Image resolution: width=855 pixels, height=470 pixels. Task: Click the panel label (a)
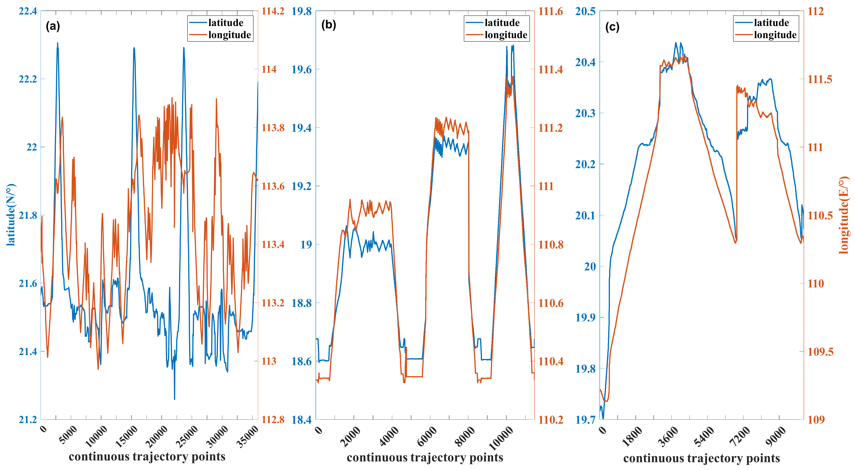[53, 26]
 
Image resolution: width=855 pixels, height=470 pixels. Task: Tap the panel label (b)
[329, 25]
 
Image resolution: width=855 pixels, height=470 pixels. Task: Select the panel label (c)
[612, 27]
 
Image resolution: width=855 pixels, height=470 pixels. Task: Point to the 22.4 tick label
[28, 11]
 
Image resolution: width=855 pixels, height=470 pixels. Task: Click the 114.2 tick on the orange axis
[273, 11]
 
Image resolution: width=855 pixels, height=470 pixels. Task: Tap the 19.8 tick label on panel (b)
[301, 11]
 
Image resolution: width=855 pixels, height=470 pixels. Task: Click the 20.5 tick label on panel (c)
[585, 11]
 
